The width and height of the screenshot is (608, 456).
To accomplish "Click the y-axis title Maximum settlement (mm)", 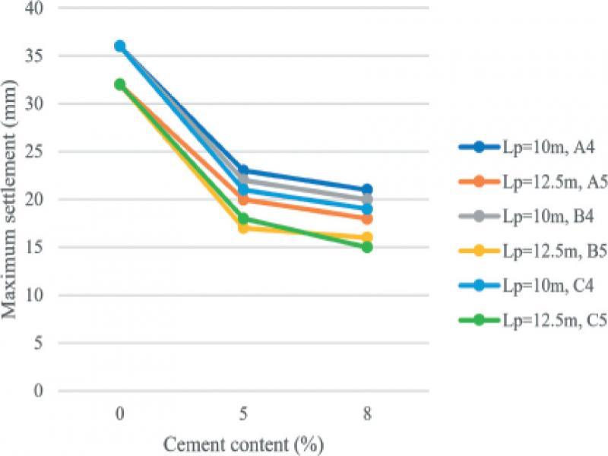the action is (9, 199).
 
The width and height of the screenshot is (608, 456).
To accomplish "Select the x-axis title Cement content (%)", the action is (243, 445).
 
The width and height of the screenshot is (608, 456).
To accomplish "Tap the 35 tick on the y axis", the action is (33, 56).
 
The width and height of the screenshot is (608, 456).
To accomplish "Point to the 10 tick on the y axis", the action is (33, 296).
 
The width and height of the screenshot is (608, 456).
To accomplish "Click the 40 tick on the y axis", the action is (33, 8).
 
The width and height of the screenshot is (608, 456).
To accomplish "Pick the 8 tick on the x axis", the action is (367, 414).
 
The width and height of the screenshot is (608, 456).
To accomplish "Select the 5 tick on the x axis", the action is (243, 414).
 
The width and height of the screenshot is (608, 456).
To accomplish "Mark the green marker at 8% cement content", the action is (367, 248).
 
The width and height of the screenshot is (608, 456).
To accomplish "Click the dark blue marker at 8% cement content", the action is (367, 190).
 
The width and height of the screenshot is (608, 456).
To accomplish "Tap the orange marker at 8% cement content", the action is (367, 219).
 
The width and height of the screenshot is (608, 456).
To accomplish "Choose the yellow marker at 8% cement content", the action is (367, 237).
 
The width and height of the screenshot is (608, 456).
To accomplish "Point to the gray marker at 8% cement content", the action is (367, 200).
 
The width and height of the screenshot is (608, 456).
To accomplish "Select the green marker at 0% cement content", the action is (120, 84).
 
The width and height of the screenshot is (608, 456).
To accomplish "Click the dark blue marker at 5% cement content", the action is (243, 170).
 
